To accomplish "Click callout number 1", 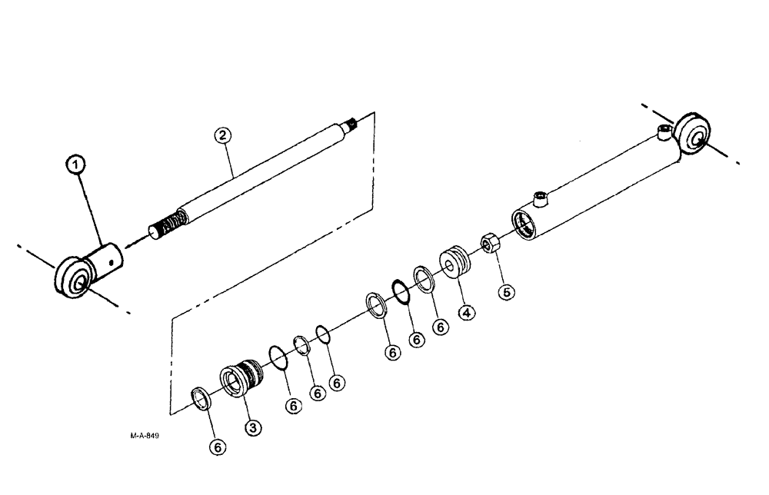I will (x=75, y=164).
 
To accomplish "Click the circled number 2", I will (x=221, y=135).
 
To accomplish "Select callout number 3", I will (x=251, y=427).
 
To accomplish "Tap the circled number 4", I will (x=466, y=312).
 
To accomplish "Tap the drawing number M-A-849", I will (x=145, y=436).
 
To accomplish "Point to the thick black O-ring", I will (x=400, y=293).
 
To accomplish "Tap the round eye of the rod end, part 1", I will (x=73, y=281).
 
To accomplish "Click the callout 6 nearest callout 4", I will (x=441, y=327).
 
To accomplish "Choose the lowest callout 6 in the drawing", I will (x=218, y=447).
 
